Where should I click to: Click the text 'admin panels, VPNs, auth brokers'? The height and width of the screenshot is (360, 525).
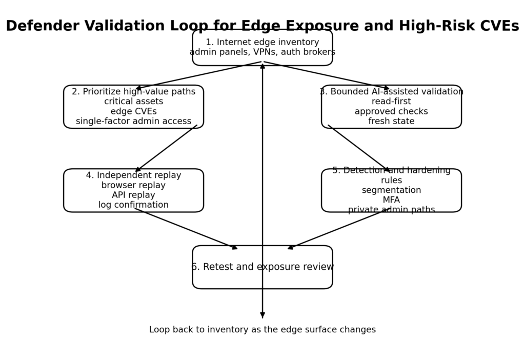(x=262, y=52)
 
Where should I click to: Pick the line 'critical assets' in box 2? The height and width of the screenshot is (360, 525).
(x=133, y=102)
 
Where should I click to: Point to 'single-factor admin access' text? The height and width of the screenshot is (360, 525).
(x=133, y=121)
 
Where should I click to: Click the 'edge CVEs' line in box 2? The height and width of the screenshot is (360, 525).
(x=133, y=111)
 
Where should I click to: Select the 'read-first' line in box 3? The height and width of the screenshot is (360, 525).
(x=391, y=102)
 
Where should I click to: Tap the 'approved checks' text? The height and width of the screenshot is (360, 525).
(x=391, y=111)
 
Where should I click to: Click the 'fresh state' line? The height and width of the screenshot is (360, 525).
(x=391, y=121)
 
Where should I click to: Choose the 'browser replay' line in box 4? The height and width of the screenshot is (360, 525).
(x=133, y=185)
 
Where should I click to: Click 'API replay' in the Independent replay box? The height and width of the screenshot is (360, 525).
(x=133, y=195)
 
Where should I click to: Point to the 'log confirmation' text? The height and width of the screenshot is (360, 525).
(x=133, y=205)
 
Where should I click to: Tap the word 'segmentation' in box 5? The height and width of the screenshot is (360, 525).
(x=391, y=190)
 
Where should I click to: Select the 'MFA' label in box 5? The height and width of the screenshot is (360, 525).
(x=391, y=200)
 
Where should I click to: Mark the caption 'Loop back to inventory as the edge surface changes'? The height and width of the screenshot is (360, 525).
(x=262, y=330)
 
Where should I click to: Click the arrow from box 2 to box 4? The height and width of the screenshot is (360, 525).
(x=166, y=148)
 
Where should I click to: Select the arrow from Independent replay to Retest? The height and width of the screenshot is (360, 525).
(x=186, y=228)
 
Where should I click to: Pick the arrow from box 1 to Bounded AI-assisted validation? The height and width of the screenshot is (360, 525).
(x=327, y=75)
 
